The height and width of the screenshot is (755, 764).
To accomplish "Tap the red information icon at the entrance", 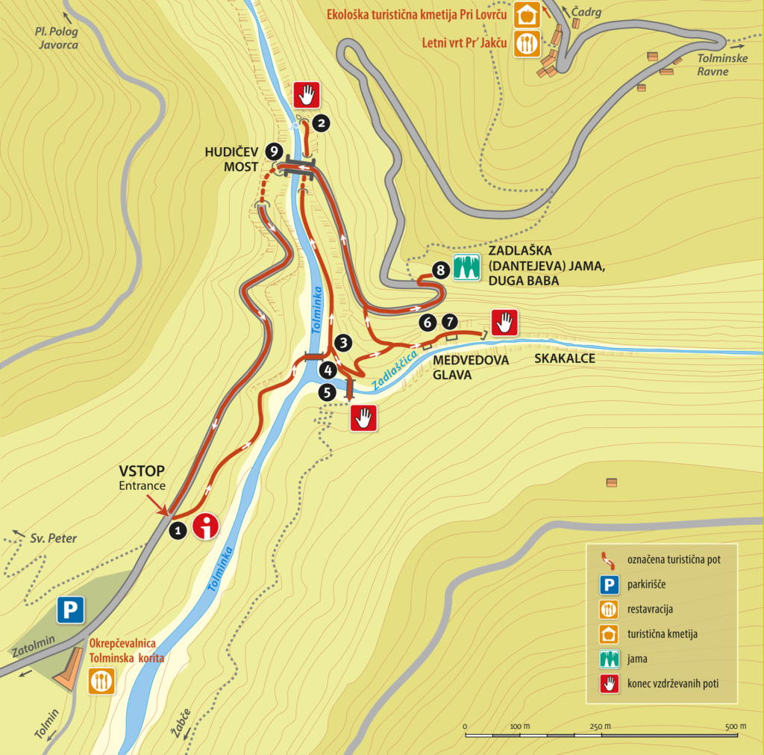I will (206, 526).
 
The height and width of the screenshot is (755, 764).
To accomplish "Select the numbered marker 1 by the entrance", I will (178, 530).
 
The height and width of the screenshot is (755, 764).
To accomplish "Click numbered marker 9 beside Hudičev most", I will (274, 150).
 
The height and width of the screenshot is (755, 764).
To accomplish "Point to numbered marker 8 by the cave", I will (439, 269).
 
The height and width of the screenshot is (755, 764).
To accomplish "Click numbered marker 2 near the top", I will (321, 123).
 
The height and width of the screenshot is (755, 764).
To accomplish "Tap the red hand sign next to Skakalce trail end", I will (504, 323).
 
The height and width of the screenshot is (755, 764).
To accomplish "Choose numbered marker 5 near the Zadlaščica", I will (327, 392).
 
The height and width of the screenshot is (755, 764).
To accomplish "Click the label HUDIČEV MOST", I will (231, 158).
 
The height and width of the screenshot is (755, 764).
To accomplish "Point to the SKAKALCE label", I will (565, 358).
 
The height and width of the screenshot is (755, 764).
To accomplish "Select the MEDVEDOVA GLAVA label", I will (471, 367).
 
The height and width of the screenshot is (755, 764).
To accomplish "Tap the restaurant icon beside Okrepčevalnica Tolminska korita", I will (101, 681).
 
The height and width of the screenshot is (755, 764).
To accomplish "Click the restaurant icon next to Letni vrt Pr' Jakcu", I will (527, 43).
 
